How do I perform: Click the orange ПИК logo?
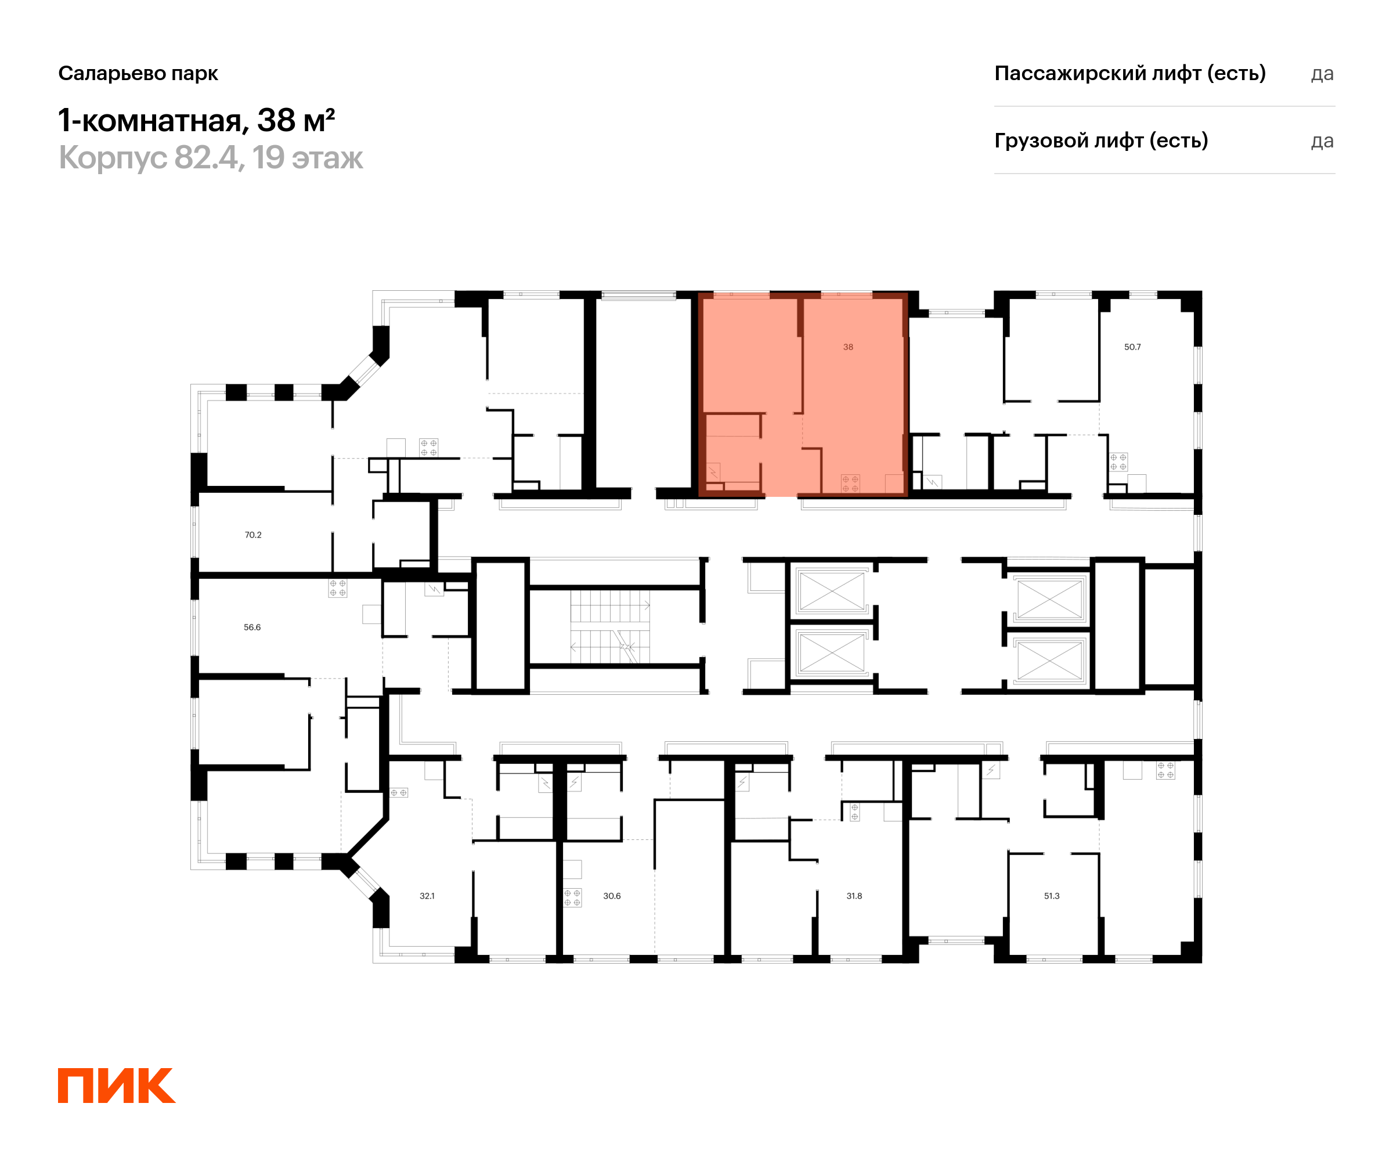pos(116,1086)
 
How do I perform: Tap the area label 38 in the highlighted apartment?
pos(848,347)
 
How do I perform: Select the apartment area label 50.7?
pos(1132,347)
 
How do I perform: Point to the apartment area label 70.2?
pos(252,535)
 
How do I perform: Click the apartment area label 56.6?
pos(252,627)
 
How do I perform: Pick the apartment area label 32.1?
pos(427,896)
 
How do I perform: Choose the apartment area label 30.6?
pos(612,896)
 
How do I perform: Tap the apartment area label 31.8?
pos(854,896)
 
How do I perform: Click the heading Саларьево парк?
pos(138,73)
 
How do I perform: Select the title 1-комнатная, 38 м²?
pos(196,121)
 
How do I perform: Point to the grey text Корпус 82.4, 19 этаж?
pos(211,158)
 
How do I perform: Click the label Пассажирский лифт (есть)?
pos(1129,73)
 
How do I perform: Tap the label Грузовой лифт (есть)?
pos(1100,140)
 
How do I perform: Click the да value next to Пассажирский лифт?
pos(1322,74)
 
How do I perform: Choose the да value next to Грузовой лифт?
pos(1322,141)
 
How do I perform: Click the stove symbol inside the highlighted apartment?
pos(850,483)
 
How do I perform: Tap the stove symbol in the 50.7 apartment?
pos(1118,461)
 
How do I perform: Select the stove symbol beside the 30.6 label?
pos(572,897)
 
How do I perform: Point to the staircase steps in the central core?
pos(609,626)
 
